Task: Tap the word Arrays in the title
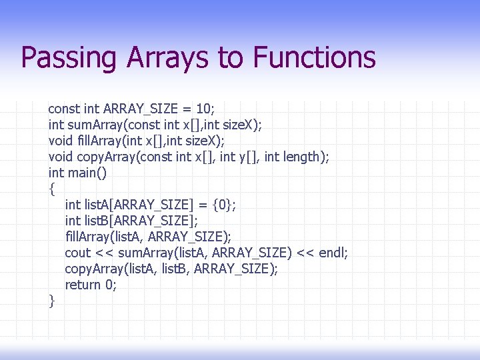coord(169,58)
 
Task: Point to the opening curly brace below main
coord(52,189)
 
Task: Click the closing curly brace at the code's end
coord(52,301)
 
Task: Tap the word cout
coord(77,253)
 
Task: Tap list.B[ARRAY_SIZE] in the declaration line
coord(141,221)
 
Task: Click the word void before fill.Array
coord(61,140)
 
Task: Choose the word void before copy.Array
coord(61,157)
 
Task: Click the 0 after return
coord(111,285)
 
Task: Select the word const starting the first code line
coord(64,108)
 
